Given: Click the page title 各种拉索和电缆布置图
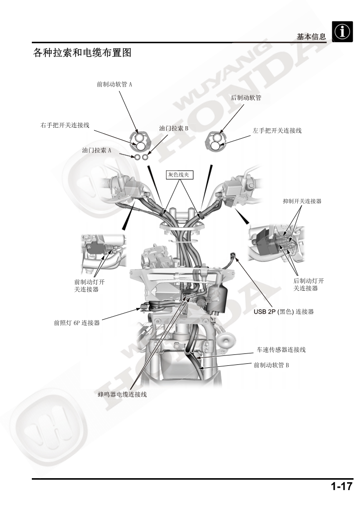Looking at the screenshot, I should pos(82,53).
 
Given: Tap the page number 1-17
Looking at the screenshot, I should pos(342,487).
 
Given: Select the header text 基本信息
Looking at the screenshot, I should pos(311,37).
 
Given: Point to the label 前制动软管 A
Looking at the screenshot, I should pos(114,85).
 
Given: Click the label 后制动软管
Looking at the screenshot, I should pos(247,98).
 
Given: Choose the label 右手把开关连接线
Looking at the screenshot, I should pos(65,125).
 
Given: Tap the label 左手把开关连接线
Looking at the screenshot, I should pos(277,131).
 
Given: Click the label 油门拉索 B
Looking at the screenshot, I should pos(174,128).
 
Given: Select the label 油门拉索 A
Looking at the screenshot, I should pos(96,150).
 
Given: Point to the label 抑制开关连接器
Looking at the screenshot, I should pos(302,201).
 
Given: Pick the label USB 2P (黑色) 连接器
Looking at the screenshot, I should pos(283,312).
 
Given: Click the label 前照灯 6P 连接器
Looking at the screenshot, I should pos(77,322).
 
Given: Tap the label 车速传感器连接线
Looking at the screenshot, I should pos(281,350).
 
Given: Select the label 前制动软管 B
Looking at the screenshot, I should pos(271,365).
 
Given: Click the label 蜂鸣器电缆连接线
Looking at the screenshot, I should pos(122,394).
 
